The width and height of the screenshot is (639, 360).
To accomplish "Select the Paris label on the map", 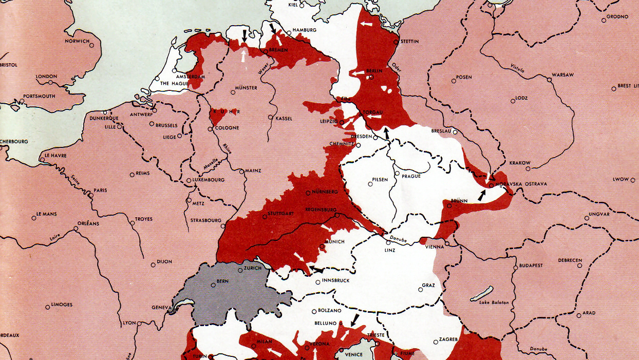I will point(100,190).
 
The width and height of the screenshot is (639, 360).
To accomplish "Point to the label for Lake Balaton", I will point(494,302).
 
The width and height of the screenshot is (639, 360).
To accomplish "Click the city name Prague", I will point(411,176).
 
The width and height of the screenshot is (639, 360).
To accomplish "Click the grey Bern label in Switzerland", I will point(222,281).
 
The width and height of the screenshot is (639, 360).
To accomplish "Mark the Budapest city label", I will point(531,266).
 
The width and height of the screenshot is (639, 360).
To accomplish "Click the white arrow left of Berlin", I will point(358,73).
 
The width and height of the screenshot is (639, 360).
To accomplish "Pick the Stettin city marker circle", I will point(396,42).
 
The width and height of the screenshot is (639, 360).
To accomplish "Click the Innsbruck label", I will point(335,280).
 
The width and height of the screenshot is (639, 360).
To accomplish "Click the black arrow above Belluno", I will point(354,319).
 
